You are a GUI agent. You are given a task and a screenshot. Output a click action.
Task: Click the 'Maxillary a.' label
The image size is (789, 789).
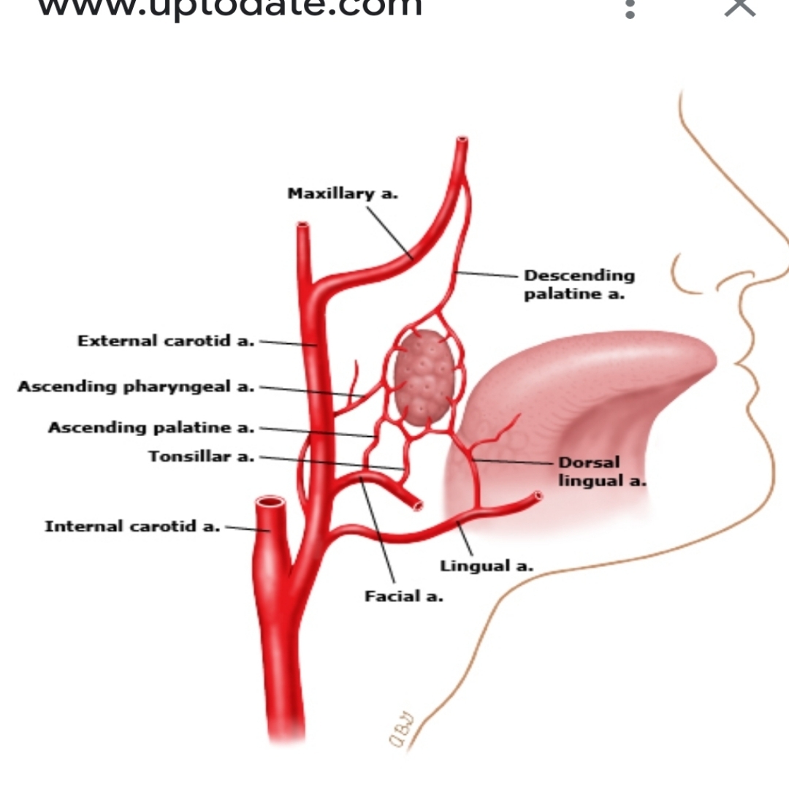343,194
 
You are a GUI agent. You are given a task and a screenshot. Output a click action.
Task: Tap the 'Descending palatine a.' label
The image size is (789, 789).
579,284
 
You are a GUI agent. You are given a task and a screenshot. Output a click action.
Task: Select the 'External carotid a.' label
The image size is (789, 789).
166,341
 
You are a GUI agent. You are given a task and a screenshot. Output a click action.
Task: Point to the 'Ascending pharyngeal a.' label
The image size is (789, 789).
136,386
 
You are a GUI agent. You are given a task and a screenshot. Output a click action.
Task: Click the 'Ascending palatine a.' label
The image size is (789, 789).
151,427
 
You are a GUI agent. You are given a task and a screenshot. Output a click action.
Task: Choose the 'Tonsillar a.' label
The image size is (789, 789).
202,457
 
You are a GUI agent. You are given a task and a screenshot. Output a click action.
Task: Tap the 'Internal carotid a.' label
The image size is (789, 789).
132,526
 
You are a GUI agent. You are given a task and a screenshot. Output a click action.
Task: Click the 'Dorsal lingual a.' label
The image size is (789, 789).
602,471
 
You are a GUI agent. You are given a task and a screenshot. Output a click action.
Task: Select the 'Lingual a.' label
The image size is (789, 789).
487,565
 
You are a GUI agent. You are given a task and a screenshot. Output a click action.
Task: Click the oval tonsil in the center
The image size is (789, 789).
423,378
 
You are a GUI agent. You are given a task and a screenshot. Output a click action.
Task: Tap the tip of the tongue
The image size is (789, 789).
701,358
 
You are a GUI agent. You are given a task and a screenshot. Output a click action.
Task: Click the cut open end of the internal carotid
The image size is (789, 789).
270,503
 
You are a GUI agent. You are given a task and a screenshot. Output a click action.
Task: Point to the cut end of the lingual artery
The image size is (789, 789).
538,496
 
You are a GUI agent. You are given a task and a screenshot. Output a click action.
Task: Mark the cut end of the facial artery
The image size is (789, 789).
417,504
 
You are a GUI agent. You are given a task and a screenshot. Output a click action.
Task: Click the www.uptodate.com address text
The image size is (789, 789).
229,7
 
